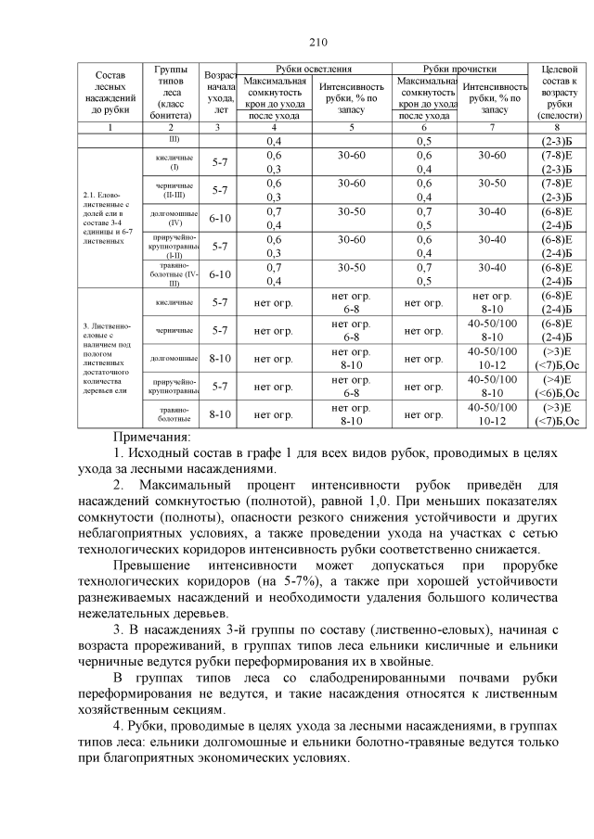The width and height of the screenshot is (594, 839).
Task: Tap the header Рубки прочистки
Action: (459, 70)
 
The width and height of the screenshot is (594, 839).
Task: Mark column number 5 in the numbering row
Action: (351, 127)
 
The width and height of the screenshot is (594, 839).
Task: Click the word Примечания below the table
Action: (151, 435)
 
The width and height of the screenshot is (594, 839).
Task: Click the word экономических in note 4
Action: (271, 758)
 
